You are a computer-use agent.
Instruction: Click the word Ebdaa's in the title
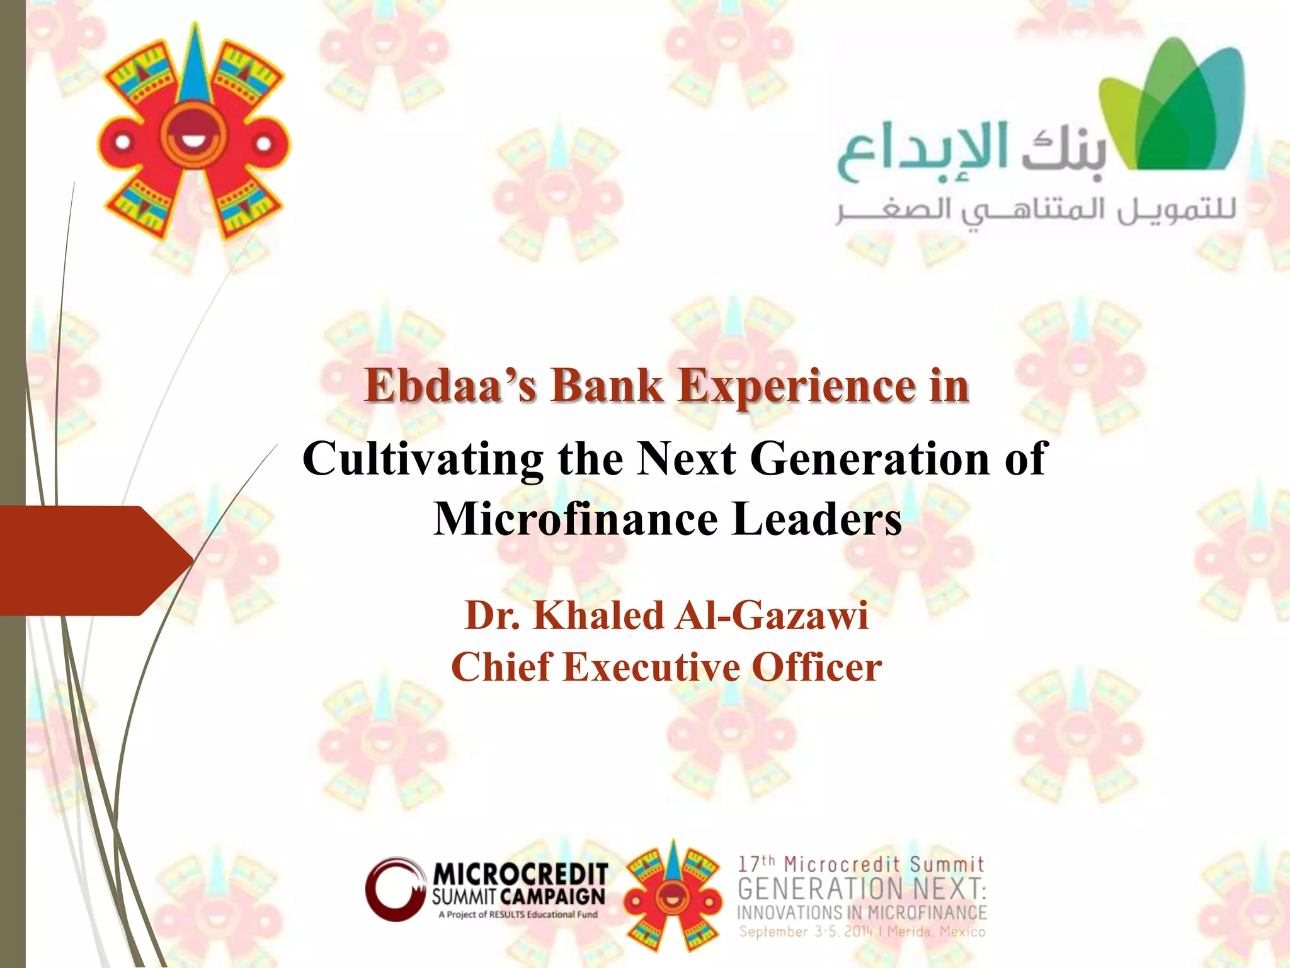[x=450, y=386]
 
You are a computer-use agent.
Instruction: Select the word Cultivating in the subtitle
[x=423, y=459]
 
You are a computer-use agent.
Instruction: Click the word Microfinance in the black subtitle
[x=576, y=519]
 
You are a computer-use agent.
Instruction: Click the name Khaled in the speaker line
[x=598, y=615]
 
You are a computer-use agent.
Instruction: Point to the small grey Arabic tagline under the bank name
[x=1036, y=211]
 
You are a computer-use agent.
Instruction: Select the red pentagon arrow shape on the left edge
[x=88, y=560]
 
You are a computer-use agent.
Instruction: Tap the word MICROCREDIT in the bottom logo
[x=520, y=875]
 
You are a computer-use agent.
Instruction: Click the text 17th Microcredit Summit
[x=860, y=864]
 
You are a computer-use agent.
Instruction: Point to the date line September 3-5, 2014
[x=861, y=931]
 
